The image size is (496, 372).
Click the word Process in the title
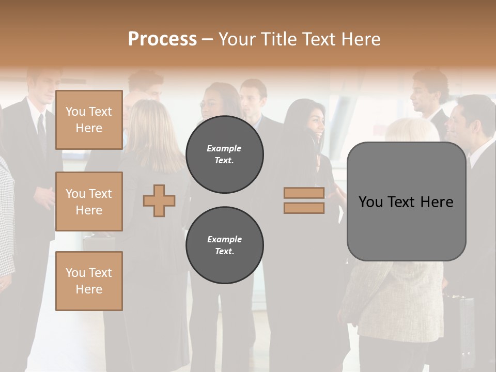pos(162,39)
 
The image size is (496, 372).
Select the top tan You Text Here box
pos(89,120)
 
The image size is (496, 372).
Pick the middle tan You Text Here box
pos(89,202)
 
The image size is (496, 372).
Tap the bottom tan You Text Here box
pos(89,281)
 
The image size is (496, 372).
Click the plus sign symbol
pos(159,201)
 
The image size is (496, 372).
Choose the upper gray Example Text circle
pos(225,154)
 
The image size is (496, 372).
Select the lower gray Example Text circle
pos(225,245)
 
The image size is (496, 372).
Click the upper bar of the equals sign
pos(304,193)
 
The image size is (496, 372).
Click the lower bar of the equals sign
pos(304,208)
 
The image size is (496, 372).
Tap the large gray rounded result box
pos(406,227)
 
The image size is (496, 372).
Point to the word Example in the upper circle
pos(224,149)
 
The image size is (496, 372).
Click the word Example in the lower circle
pos(224,240)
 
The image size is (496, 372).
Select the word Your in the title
pos(238,39)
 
